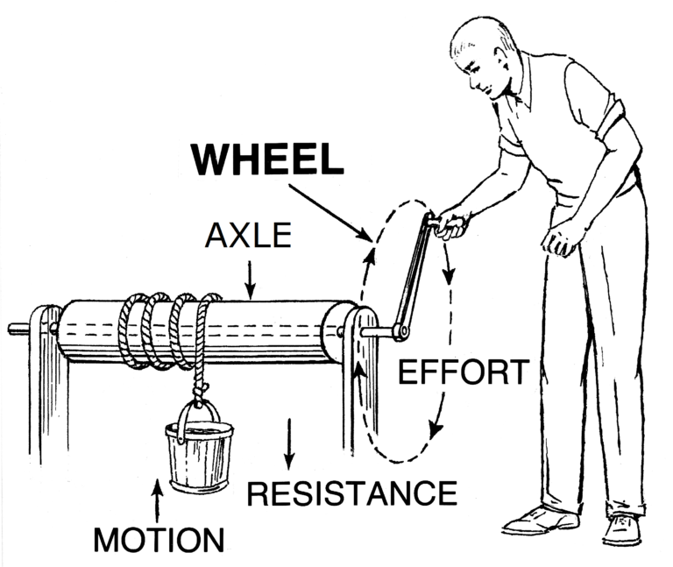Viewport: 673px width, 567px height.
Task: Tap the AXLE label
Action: pyautogui.click(x=249, y=237)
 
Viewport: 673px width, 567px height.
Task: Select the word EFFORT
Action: pyautogui.click(x=463, y=372)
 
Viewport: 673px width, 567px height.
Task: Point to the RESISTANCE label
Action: pyautogui.click(x=351, y=493)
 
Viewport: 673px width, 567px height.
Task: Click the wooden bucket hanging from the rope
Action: pyautogui.click(x=201, y=456)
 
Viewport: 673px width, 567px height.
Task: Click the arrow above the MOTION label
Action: pyautogui.click(x=158, y=500)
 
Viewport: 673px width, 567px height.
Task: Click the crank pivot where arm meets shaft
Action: pyautogui.click(x=401, y=331)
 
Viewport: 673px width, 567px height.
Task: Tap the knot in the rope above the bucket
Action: pyautogui.click(x=202, y=386)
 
